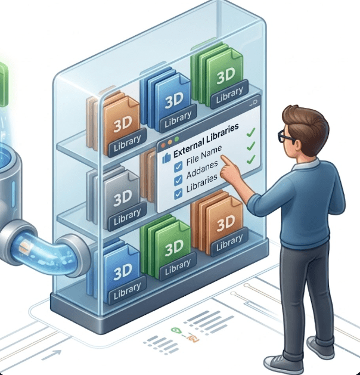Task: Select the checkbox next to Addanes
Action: (178, 180)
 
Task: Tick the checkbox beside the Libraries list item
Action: (178, 193)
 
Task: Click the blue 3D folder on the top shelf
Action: (173, 98)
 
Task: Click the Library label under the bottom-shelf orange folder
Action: (229, 241)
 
